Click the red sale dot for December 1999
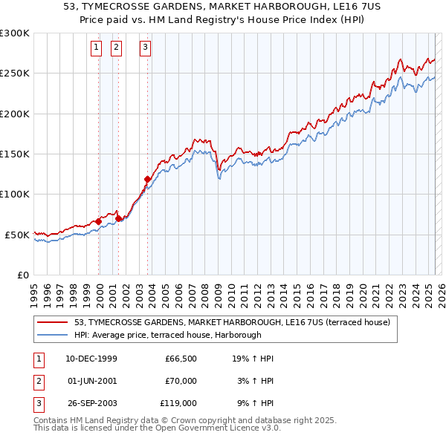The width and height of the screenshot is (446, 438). tap(98, 221)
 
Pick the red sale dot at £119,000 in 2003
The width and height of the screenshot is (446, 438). tap(147, 179)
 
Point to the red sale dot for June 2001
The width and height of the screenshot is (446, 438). tap(117, 218)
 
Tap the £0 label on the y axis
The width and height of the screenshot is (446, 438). tap(22, 275)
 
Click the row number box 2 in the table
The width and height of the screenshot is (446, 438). tap(37, 381)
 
